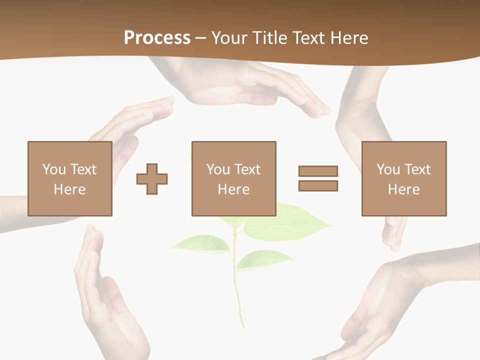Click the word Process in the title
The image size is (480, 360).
[x=157, y=38]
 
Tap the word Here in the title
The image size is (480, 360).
[x=347, y=38]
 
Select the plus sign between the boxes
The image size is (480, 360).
[x=152, y=179]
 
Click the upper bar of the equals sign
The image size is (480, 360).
[x=318, y=171]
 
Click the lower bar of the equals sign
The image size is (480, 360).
[x=318, y=186]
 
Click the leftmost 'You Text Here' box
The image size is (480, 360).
[x=70, y=178]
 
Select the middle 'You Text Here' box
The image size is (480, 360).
[x=233, y=178]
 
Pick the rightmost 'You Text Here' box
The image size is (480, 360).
[x=404, y=178]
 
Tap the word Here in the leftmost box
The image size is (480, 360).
[x=69, y=189]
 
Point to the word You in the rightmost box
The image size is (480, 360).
[x=388, y=169]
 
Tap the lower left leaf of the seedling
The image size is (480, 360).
[x=200, y=243]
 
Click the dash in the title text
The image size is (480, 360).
[x=201, y=38]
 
